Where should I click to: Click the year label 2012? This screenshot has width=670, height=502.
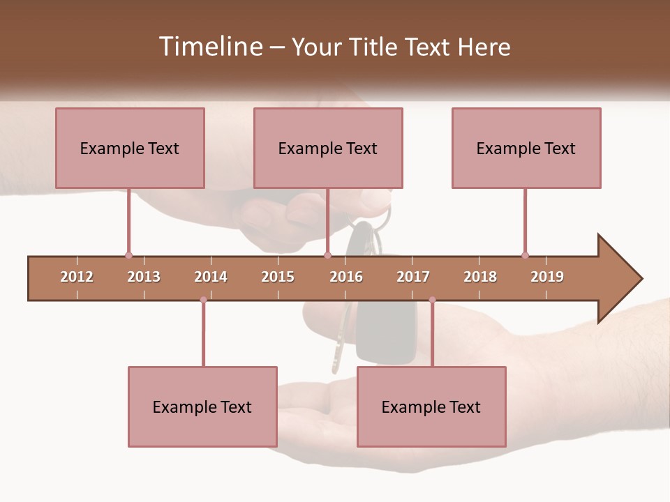click(77, 277)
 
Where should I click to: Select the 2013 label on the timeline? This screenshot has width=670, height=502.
click(144, 277)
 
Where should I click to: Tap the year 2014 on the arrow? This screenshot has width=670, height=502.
click(211, 277)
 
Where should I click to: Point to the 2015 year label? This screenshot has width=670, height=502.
click(278, 277)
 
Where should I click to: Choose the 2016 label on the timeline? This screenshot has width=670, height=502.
click(346, 277)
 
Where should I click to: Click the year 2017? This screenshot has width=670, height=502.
click(413, 277)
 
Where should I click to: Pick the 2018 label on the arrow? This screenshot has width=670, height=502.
click(480, 277)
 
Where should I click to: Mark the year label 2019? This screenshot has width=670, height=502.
click(547, 277)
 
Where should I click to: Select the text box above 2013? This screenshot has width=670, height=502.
click(130, 148)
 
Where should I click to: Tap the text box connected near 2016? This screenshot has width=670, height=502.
click(328, 148)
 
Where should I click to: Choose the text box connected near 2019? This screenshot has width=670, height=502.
click(526, 148)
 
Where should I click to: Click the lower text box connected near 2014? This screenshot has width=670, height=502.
click(202, 406)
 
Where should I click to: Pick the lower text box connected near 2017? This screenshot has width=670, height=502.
click(431, 406)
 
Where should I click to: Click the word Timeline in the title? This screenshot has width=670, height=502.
click(209, 47)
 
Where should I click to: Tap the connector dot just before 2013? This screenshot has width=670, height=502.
click(128, 255)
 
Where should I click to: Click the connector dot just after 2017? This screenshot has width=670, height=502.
click(432, 300)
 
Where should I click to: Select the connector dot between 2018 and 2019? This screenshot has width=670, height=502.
click(525, 255)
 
